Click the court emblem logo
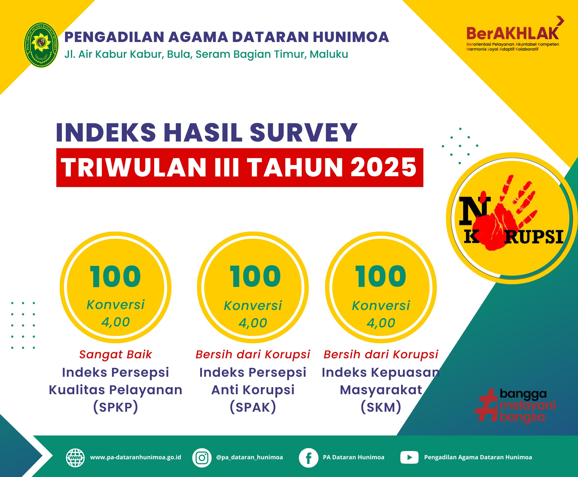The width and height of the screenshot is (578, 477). pos(42,45)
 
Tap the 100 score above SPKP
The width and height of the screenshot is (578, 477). pos(115,277)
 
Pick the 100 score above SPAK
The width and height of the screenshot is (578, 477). pos(255,277)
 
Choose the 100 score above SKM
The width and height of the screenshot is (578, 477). pos(380,277)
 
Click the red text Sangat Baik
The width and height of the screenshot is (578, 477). pos(115,354)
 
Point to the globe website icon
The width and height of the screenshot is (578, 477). pos(75,457)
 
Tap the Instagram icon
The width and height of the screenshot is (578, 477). pos(202,458)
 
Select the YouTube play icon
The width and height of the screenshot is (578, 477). pos(409,458)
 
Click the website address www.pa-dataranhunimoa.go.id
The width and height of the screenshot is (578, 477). pos(136,457)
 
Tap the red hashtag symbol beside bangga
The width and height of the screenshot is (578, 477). pos(487,406)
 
